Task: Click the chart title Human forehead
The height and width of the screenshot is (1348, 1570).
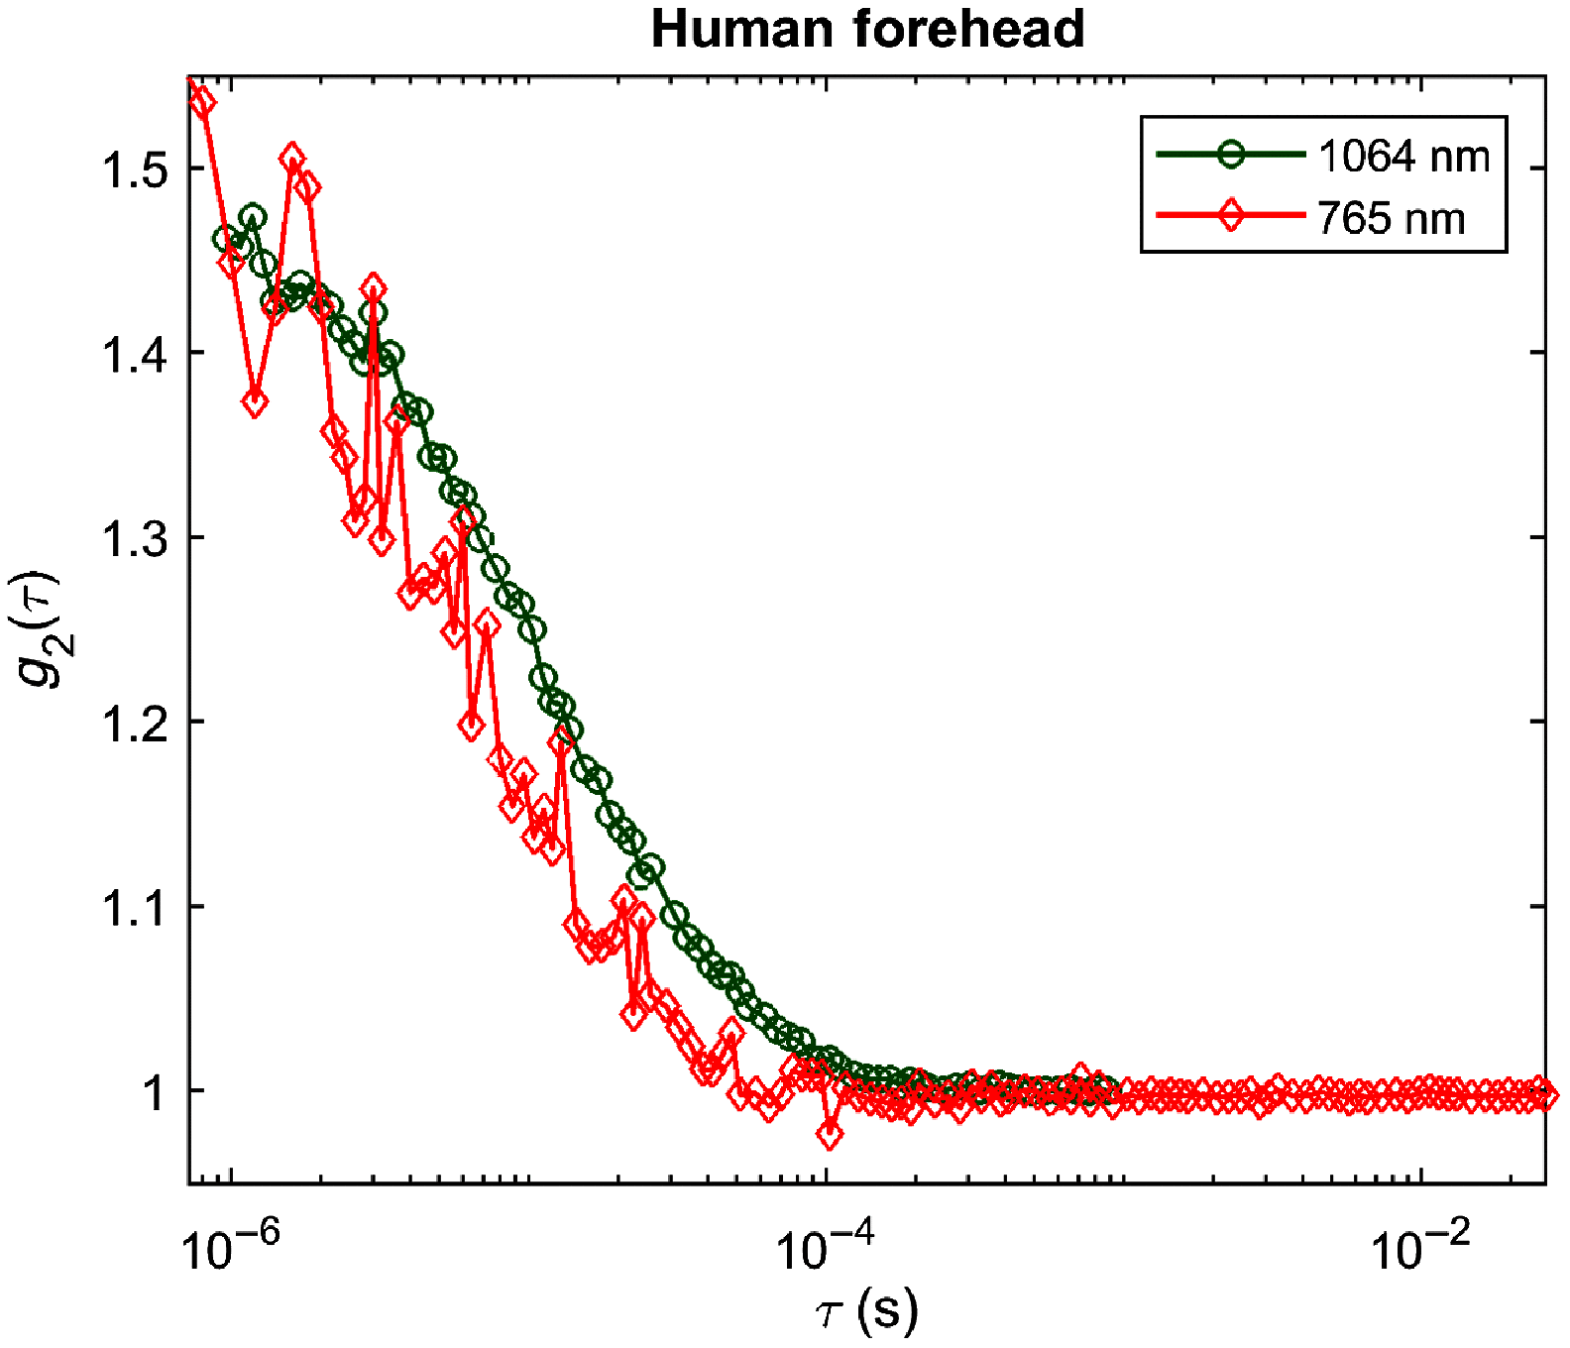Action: [x=867, y=28]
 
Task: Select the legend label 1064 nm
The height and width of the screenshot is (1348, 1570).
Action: [x=1402, y=157]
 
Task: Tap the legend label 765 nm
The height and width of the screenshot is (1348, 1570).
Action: [x=1391, y=218]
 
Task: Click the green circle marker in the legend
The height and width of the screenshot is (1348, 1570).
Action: [x=1230, y=155]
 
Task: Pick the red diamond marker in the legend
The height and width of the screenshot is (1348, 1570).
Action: [x=1230, y=215]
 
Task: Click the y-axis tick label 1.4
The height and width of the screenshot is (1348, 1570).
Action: [x=134, y=354]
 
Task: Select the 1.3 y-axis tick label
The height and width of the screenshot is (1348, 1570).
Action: [x=134, y=539]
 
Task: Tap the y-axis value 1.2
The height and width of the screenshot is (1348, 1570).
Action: [x=134, y=724]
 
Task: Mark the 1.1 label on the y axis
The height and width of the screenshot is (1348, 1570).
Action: [x=134, y=908]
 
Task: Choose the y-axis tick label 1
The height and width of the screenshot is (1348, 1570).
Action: [x=154, y=1092]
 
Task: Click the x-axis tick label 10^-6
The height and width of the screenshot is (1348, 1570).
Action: [x=231, y=1248]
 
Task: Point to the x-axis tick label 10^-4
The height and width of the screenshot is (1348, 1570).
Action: [x=826, y=1248]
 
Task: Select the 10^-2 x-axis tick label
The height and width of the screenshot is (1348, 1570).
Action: [x=1420, y=1248]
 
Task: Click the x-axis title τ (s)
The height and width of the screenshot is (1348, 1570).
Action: [x=866, y=1311]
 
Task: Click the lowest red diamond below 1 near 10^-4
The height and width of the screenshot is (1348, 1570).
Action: [x=830, y=1134]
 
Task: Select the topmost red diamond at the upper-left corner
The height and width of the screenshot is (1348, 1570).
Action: [x=201, y=102]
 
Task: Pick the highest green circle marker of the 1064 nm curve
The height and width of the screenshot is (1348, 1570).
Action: [x=253, y=217]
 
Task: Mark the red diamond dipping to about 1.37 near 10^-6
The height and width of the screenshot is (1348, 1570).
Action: [x=255, y=402]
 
